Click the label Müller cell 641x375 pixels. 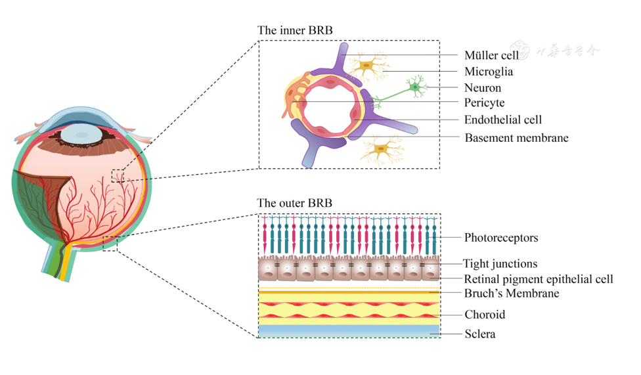point(491,55)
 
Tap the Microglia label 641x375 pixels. point(488,71)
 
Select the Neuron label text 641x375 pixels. point(482,87)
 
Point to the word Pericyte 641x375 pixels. point(484,103)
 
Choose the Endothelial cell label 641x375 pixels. point(502,120)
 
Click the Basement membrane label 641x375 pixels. point(516,138)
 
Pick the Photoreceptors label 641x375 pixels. point(501,237)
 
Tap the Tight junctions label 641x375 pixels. point(500,264)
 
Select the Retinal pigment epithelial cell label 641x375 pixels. point(539,279)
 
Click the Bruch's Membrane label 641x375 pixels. point(512,294)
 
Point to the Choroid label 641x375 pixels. point(485,315)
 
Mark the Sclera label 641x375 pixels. point(479,334)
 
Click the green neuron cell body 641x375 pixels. point(414,87)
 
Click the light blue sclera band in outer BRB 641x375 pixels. point(349,330)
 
